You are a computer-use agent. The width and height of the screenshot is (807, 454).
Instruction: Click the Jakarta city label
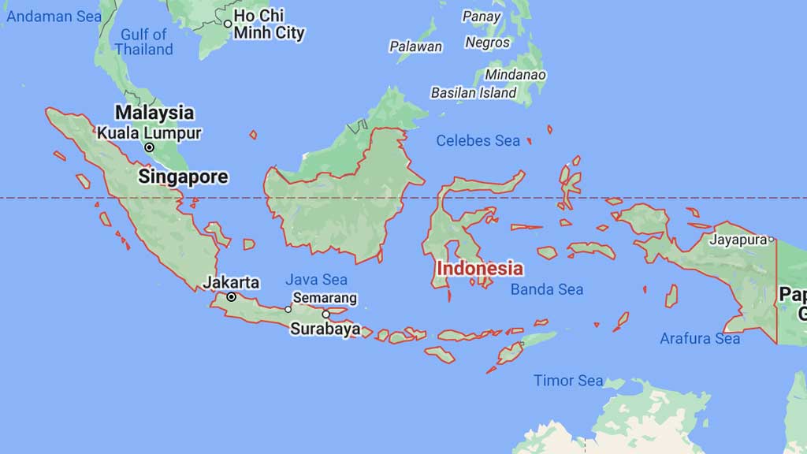click(x=231, y=282)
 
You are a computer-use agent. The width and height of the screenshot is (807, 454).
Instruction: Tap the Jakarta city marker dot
click(x=232, y=297)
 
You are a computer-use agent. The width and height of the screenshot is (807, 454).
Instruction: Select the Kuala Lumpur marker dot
click(x=149, y=147)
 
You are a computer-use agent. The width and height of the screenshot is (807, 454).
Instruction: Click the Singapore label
click(x=183, y=177)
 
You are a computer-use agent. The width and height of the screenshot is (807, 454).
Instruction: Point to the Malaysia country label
click(x=154, y=113)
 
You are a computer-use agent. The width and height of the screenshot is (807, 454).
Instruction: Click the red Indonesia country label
click(x=479, y=268)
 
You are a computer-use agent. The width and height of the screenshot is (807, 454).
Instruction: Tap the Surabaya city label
click(x=325, y=329)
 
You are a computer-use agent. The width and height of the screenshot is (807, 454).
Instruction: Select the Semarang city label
click(x=325, y=298)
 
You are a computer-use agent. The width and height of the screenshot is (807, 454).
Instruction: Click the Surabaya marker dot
click(x=325, y=314)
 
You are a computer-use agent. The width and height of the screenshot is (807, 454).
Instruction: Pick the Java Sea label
click(x=316, y=279)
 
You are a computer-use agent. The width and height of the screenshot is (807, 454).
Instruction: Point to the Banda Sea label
click(x=547, y=289)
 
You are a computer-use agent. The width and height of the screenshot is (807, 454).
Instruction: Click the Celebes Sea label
click(x=478, y=141)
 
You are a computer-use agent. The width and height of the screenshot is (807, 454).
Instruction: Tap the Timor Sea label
click(x=568, y=381)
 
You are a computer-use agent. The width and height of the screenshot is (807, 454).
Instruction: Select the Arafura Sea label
click(x=700, y=339)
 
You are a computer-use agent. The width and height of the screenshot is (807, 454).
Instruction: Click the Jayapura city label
click(x=739, y=239)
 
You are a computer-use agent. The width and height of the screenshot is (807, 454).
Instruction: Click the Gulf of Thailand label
click(x=143, y=42)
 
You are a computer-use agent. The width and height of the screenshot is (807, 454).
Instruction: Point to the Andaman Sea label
click(x=46, y=16)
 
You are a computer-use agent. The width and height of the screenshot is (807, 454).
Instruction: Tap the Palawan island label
click(x=415, y=47)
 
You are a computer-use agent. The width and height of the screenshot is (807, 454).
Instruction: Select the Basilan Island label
click(x=474, y=92)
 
